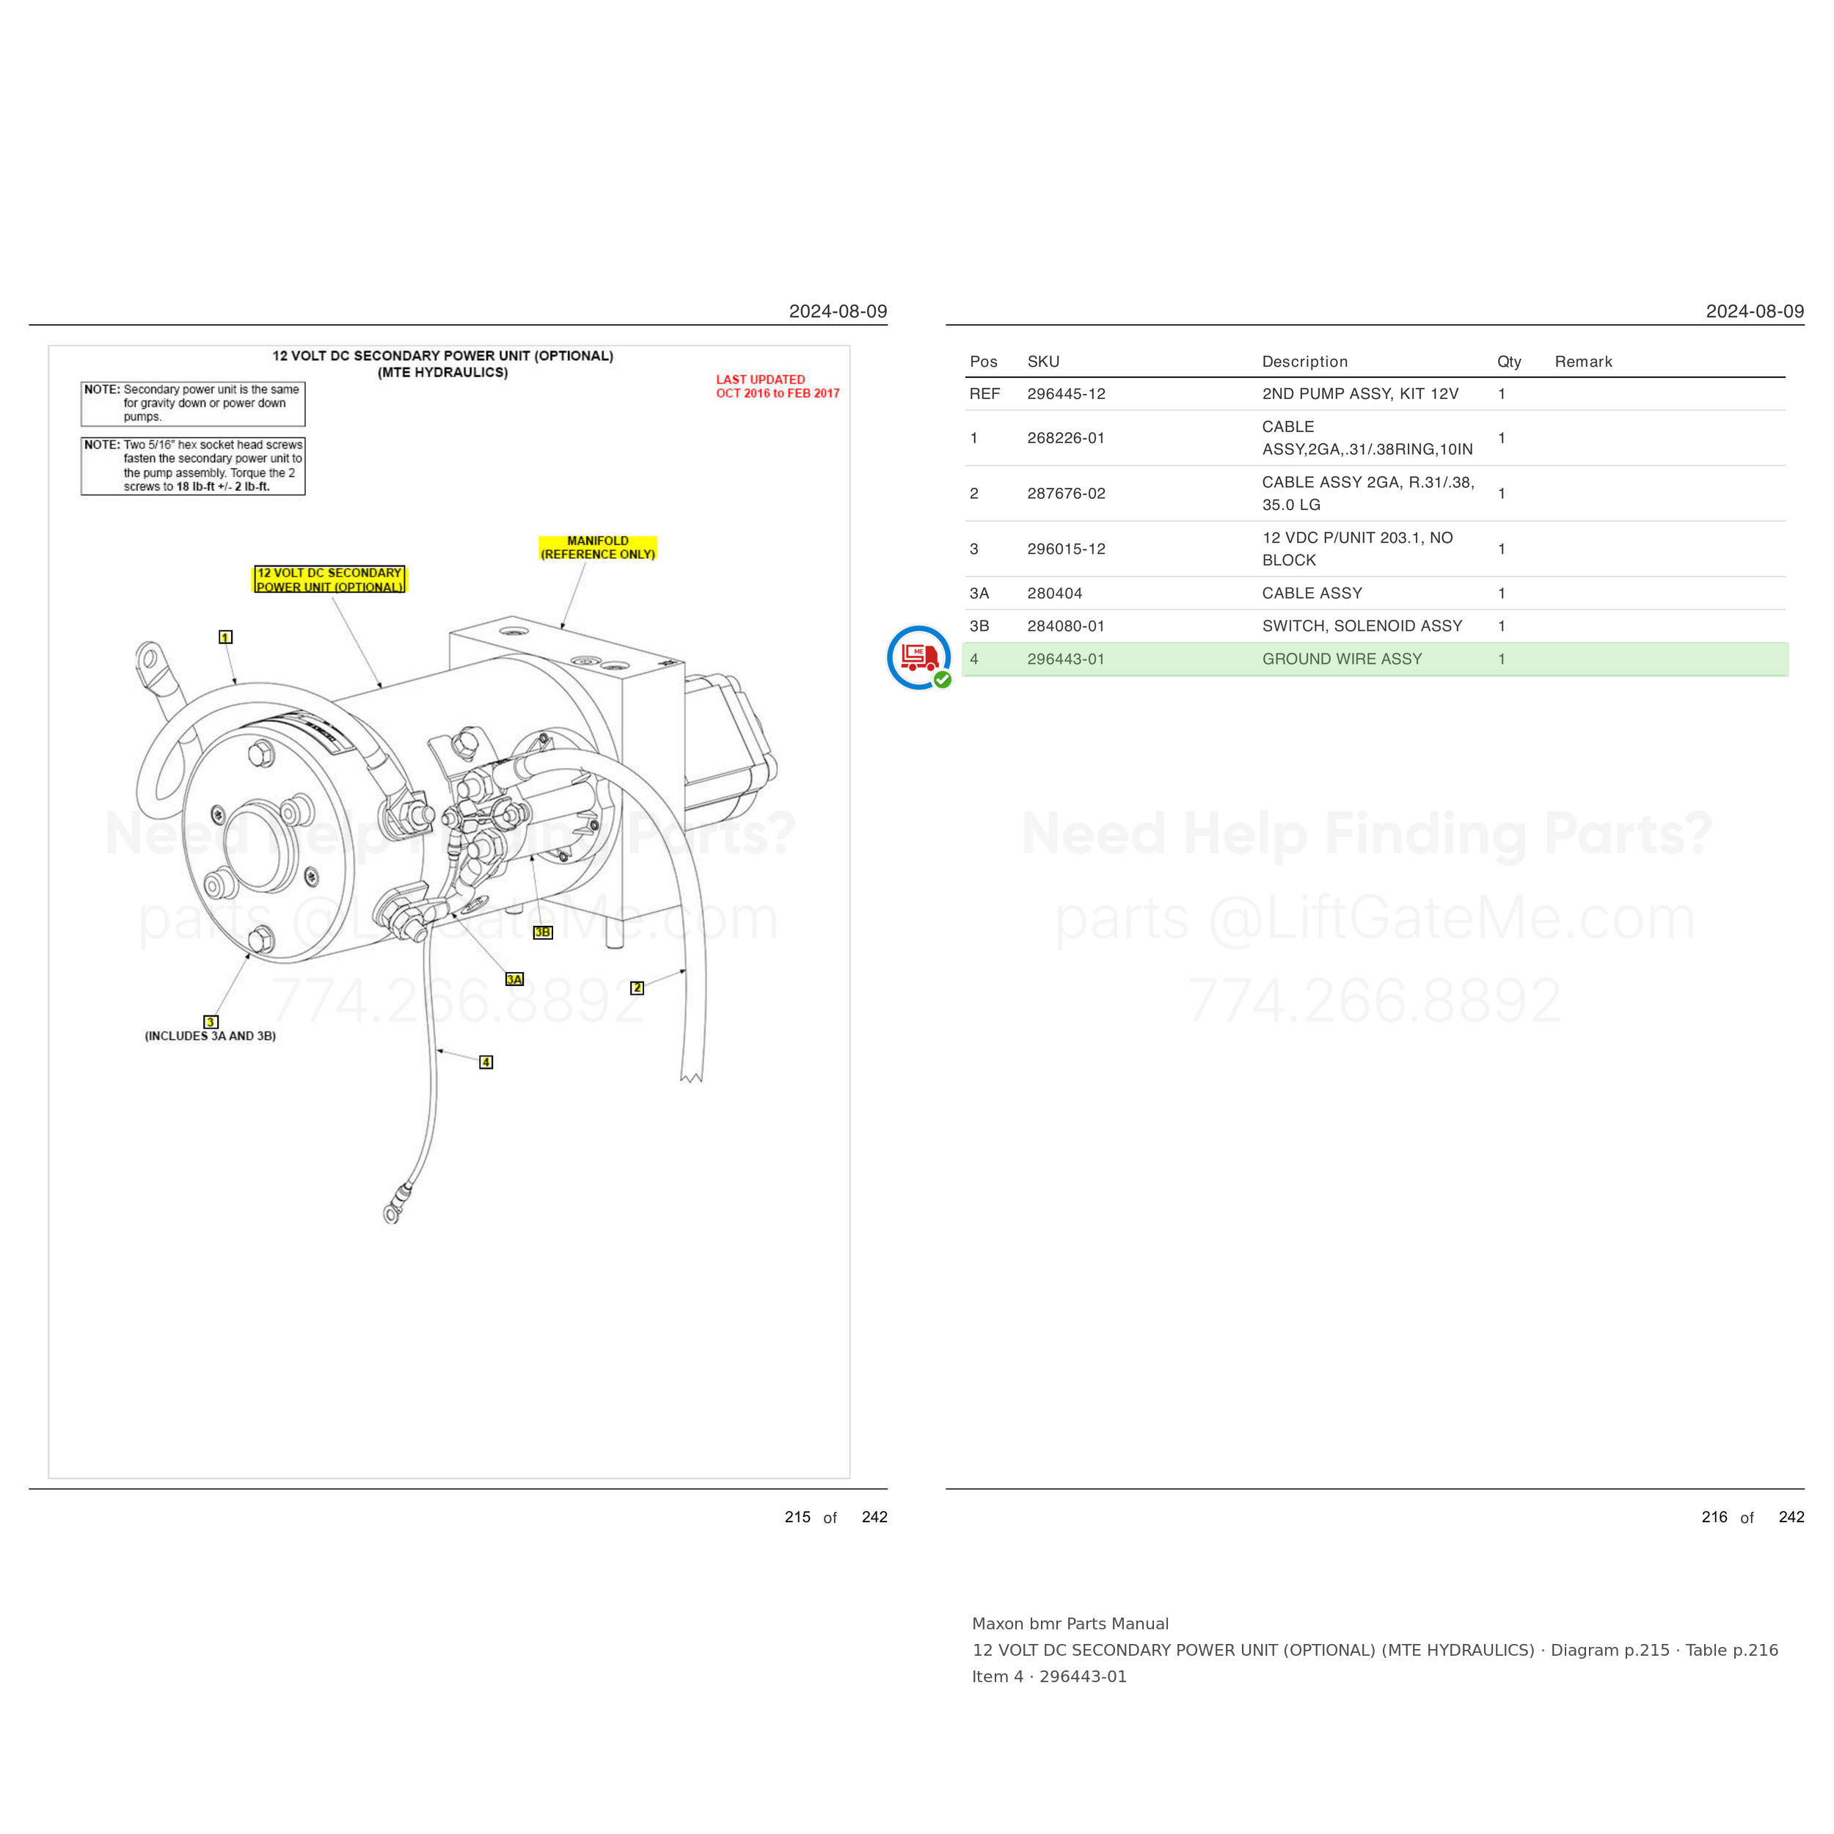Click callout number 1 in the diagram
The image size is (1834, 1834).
point(225,637)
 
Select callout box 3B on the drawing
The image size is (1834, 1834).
point(543,932)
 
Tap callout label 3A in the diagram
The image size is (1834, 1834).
point(514,979)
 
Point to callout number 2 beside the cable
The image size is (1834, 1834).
point(637,988)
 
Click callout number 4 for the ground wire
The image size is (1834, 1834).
point(486,1062)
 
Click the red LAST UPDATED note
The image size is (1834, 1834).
point(778,387)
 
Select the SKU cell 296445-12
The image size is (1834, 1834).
point(1066,394)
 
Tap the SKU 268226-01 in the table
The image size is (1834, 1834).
point(1066,438)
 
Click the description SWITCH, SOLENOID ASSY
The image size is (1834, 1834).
point(1362,626)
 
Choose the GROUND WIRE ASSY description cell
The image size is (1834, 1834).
point(1342,659)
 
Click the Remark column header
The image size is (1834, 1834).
point(1583,362)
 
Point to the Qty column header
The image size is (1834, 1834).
point(1509,362)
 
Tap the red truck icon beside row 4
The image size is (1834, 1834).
point(919,657)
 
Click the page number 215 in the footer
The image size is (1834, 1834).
point(797,1517)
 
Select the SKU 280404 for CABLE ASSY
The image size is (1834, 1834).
point(1055,593)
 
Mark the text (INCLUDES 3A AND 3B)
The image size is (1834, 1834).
point(211,1036)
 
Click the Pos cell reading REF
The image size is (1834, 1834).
point(984,394)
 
